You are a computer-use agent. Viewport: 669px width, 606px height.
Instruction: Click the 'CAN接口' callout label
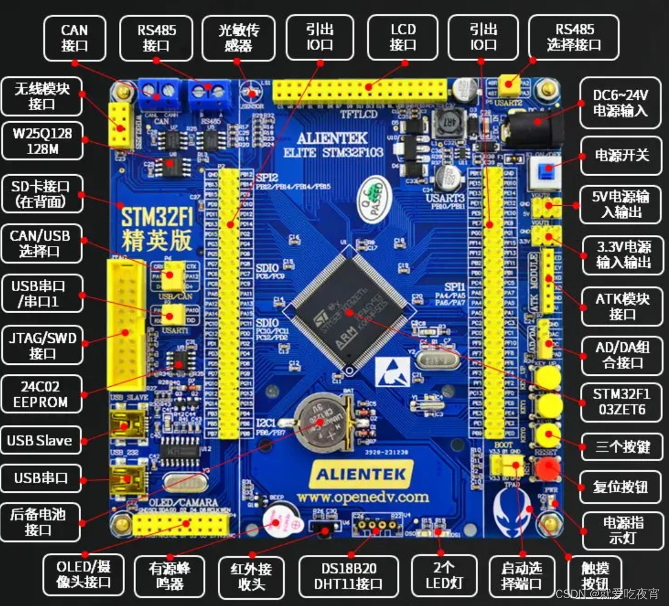pos(74,37)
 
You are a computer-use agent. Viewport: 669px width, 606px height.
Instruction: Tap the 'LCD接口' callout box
pos(402,37)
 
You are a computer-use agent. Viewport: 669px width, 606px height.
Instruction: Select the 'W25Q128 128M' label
pos(42,141)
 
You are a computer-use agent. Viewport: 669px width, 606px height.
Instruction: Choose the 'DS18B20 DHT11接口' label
pos(346,576)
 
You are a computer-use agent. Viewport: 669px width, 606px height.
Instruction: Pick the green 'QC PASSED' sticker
pos(373,194)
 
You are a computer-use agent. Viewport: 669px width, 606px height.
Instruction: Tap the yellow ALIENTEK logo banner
pos(362,473)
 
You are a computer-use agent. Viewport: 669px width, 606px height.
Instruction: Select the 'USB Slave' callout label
pos(40,440)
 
